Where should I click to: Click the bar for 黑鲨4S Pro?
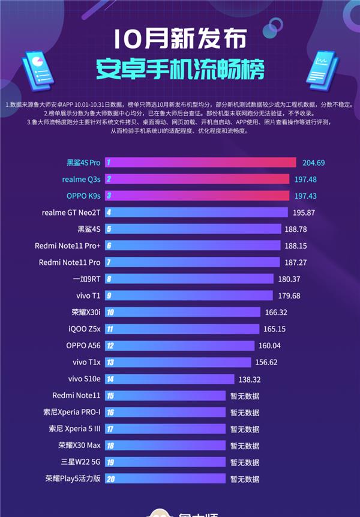(x=201, y=163)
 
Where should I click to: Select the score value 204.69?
(x=312, y=163)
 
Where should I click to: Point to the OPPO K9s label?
(x=83, y=196)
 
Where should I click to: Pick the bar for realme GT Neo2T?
(x=198, y=213)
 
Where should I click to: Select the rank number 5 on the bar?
(x=109, y=229)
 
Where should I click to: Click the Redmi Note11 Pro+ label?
(x=67, y=246)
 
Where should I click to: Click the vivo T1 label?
(x=88, y=295)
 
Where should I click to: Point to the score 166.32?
(x=275, y=312)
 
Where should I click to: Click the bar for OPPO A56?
(x=180, y=345)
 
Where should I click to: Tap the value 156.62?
(x=269, y=362)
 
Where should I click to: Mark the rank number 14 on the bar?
(x=110, y=379)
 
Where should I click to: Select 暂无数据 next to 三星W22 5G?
(x=245, y=462)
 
